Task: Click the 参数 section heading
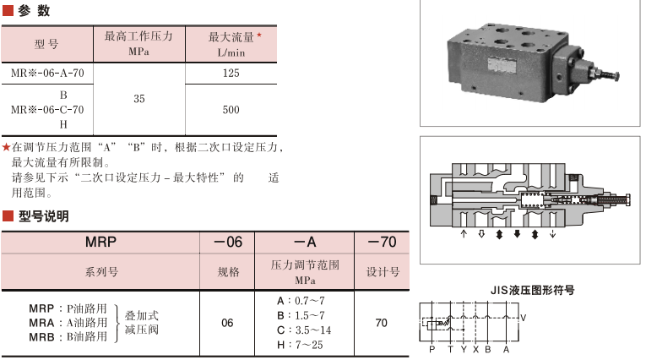[33, 11]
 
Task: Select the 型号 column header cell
[46, 44]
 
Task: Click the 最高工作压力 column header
[138, 43]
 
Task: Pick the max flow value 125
[231, 74]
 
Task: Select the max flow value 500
[231, 109]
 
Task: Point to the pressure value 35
[139, 99]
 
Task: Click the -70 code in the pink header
[382, 242]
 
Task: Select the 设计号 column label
[382, 272]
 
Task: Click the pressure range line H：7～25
[301, 344]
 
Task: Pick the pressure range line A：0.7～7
[301, 301]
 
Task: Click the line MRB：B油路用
[68, 336]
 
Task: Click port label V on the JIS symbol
[523, 318]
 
